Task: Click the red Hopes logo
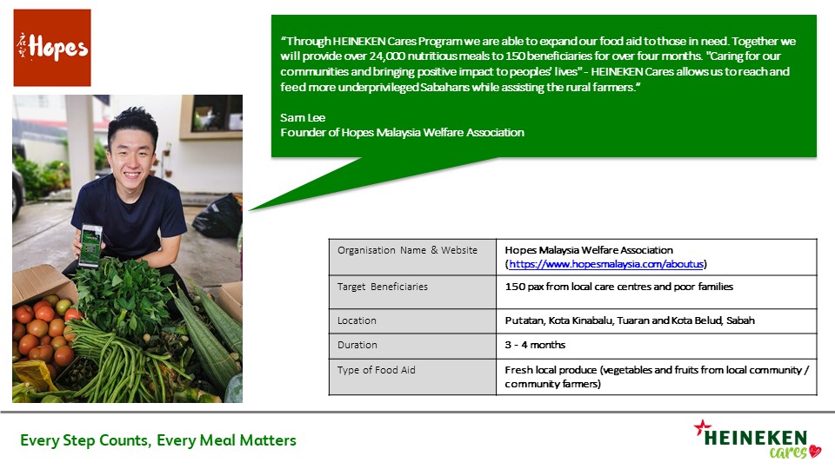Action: tap(52, 48)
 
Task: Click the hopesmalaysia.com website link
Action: tap(606, 264)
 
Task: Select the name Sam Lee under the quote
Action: tap(303, 117)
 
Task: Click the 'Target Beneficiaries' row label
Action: tap(383, 287)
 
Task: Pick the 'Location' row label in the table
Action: tap(357, 320)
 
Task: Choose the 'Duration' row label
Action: tap(357, 345)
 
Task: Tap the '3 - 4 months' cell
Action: tap(535, 345)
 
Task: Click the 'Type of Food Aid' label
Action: tap(376, 370)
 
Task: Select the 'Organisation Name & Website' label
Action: tap(407, 250)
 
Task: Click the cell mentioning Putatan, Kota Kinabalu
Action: tap(630, 320)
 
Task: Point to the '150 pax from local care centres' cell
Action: tap(618, 287)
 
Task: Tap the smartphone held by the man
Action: tap(90, 246)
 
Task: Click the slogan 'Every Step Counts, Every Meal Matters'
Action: tap(158, 440)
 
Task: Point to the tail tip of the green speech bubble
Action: tap(249, 211)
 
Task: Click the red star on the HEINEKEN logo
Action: tap(702, 426)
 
